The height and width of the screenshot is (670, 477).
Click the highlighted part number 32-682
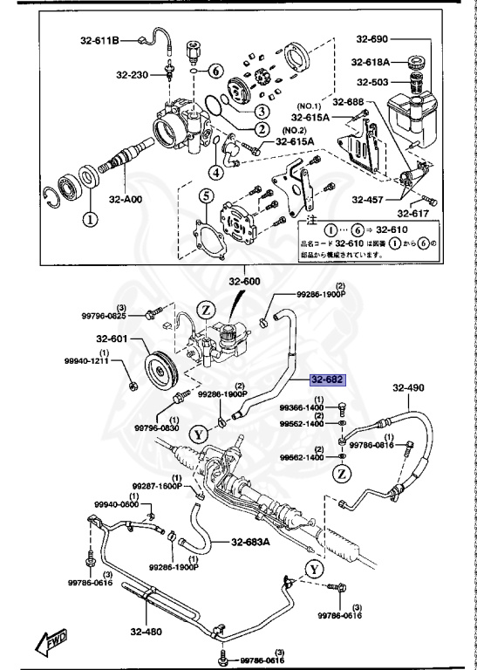click(328, 380)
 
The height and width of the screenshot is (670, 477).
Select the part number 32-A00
click(126, 198)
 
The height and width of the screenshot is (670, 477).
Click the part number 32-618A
click(371, 61)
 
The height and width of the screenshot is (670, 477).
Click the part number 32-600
click(245, 282)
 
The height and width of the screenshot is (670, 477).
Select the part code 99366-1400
click(302, 407)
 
